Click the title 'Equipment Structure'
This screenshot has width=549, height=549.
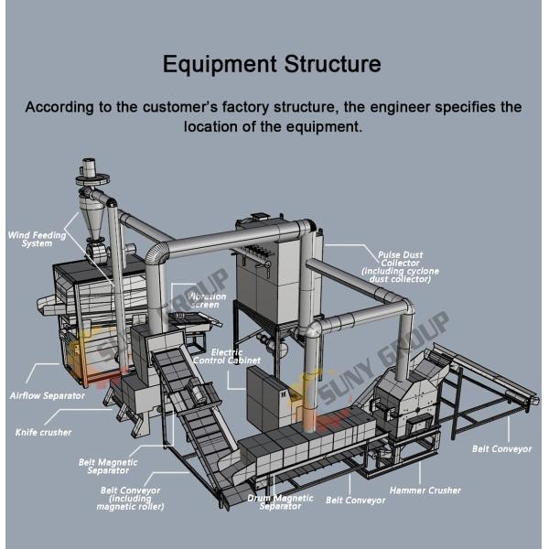tap(272, 65)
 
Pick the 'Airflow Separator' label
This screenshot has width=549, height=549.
tap(47, 395)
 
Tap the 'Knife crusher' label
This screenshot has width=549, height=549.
tap(43, 431)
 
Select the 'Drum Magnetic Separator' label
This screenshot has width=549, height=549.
tap(280, 502)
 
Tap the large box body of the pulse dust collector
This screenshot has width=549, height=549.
tap(271, 274)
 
